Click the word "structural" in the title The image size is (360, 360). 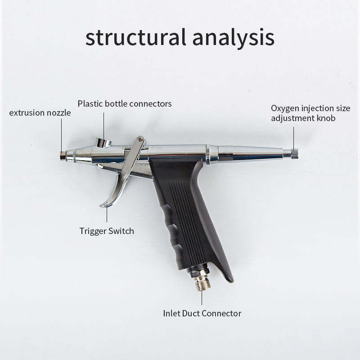[133, 37]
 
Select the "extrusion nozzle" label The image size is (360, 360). [40, 112]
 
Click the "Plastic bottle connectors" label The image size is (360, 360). [125, 103]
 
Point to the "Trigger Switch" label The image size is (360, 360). [107, 231]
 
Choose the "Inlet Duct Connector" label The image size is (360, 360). [202, 313]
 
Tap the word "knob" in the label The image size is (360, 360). [325, 118]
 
